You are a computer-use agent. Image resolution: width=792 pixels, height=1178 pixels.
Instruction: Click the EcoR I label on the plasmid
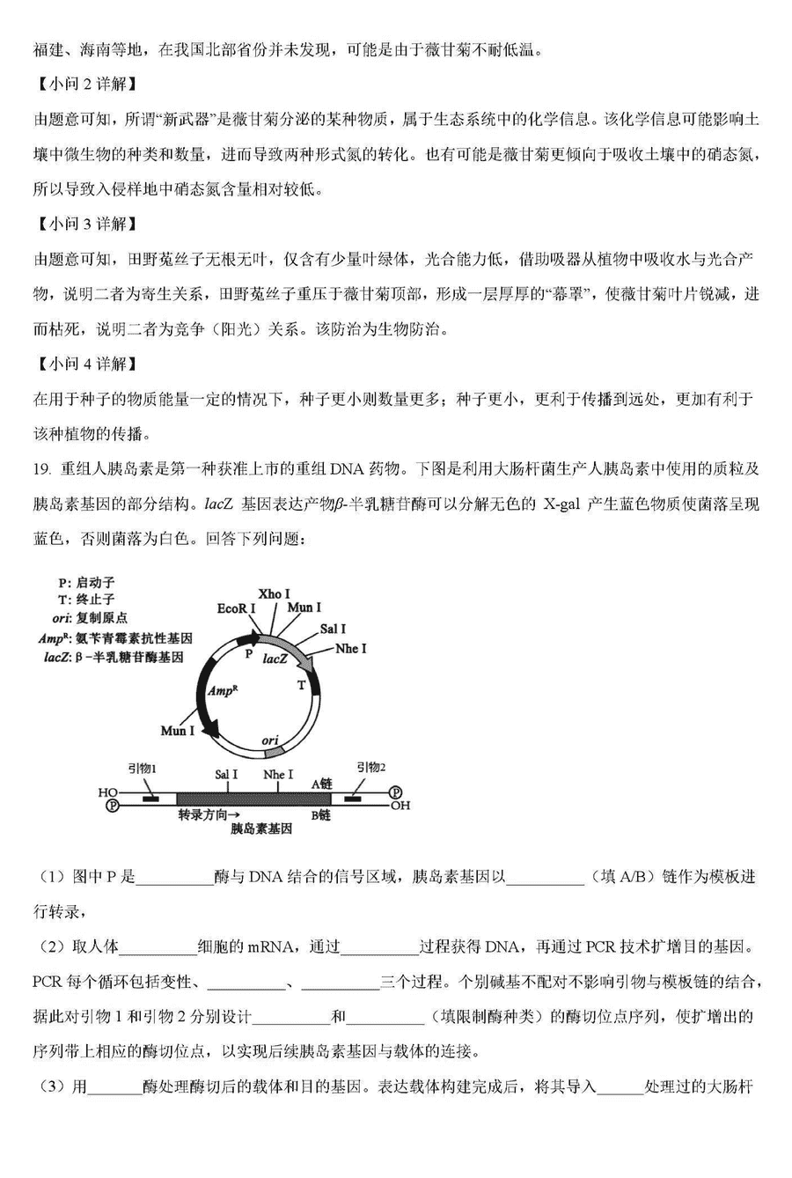(x=237, y=608)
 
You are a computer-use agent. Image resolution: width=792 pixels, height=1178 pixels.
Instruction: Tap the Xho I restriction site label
(x=275, y=594)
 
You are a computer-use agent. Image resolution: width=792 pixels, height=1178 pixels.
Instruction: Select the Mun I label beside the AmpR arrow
(x=178, y=731)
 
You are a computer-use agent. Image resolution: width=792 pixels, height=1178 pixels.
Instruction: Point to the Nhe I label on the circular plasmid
(x=351, y=648)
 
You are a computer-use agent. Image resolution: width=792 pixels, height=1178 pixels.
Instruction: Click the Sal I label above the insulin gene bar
(x=226, y=775)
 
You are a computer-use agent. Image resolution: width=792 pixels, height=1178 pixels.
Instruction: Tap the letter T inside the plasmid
(x=302, y=685)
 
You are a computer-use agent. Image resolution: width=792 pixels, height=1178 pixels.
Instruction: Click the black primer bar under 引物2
(x=354, y=799)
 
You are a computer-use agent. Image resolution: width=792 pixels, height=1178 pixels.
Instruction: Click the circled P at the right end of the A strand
(x=395, y=791)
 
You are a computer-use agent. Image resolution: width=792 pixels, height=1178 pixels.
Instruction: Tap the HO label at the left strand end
(x=107, y=792)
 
